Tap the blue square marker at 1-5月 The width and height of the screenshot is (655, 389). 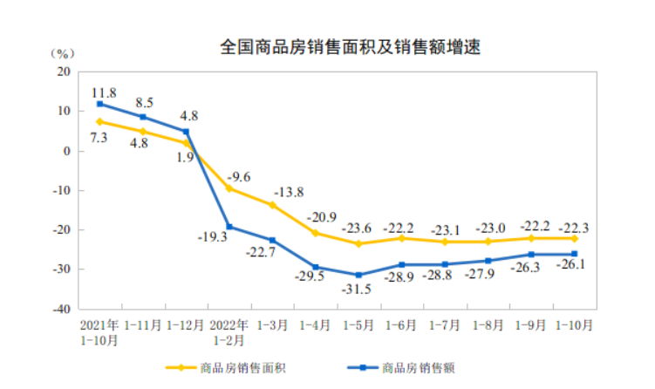(358, 275)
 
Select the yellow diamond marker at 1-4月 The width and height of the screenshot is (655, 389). (315, 233)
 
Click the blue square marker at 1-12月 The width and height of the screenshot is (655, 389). (186, 132)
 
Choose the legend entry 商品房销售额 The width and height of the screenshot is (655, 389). (419, 367)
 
